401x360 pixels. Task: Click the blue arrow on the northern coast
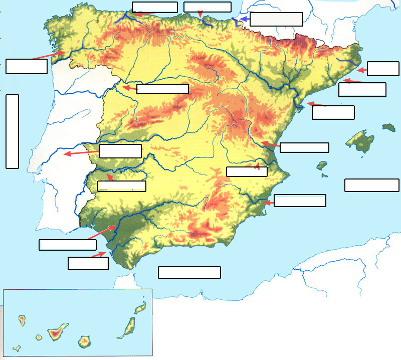pos(243,19)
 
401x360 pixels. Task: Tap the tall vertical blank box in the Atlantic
pos(12,131)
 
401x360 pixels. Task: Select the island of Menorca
pos(389,128)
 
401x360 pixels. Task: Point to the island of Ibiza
pos(322,165)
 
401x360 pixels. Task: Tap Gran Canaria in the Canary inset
pos(84,342)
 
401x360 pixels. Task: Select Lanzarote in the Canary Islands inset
pos(141,307)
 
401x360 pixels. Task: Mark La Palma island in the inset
pos(22,318)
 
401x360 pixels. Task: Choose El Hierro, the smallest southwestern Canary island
pos(17,347)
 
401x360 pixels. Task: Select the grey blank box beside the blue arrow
pos(276,19)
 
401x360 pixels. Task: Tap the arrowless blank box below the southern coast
pos(189,272)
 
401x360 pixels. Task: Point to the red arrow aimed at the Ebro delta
pos(316,104)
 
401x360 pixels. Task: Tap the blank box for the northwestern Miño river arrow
pos(27,66)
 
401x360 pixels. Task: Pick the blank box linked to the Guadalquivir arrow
pos(68,245)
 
